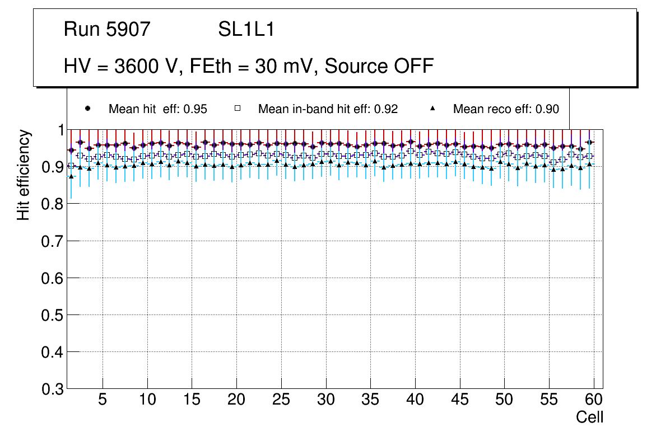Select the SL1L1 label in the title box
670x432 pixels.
(246, 29)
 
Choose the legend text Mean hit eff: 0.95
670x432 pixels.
(158, 109)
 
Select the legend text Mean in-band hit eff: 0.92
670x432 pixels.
(328, 109)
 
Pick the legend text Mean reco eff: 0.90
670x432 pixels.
(506, 109)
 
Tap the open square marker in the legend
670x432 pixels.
(238, 109)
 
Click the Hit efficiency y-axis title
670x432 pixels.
(24, 175)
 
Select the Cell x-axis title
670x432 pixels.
(590, 417)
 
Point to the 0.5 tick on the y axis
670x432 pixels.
(53, 315)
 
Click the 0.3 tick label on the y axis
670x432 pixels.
(53, 389)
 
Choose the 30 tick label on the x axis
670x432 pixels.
(325, 400)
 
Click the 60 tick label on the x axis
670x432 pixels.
(594, 400)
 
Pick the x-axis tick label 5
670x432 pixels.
(102, 400)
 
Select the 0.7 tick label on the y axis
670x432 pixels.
(53, 241)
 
